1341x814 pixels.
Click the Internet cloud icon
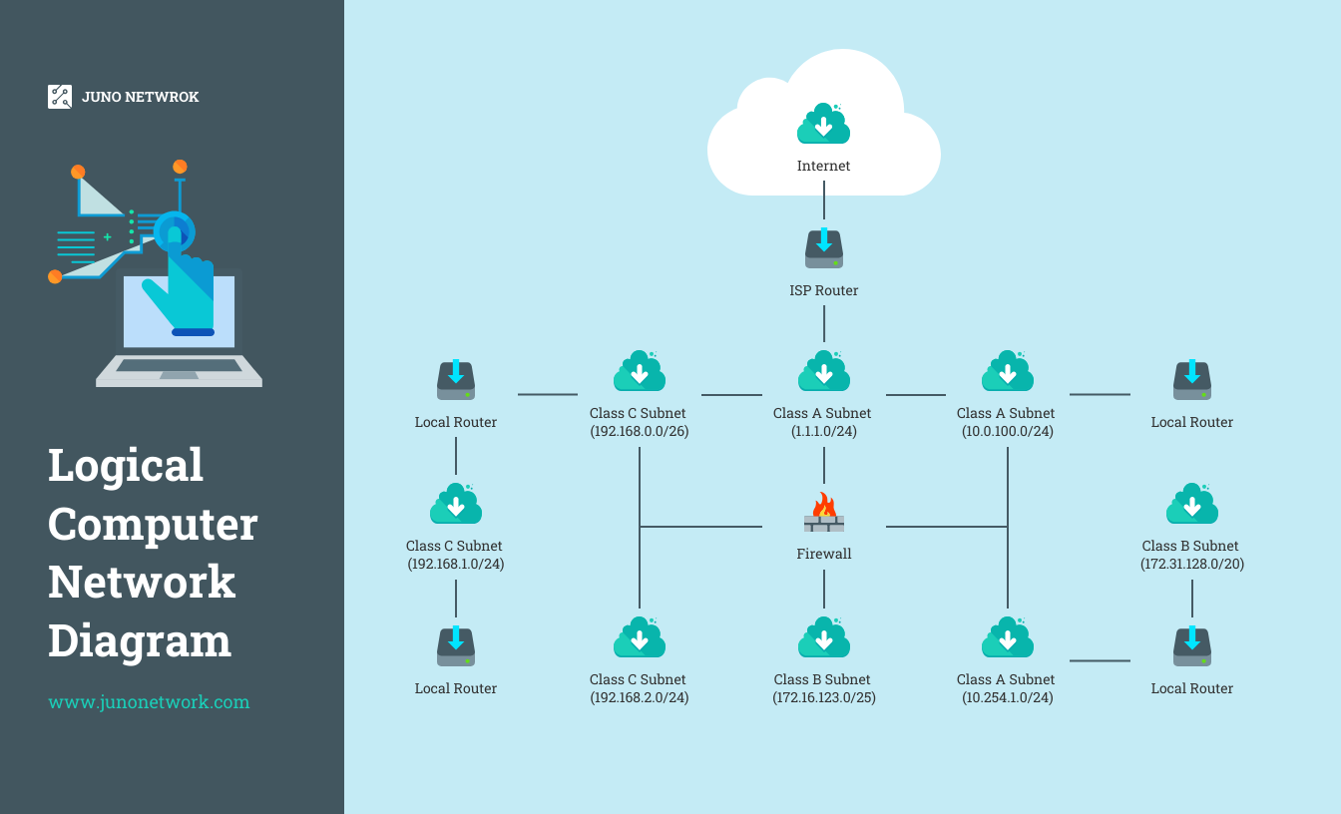(824, 124)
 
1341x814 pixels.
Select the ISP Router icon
(824, 248)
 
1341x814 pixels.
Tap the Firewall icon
(824, 513)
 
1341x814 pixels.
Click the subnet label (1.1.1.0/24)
(823, 432)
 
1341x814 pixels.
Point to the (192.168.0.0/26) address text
(639, 432)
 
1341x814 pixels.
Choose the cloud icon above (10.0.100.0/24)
(1008, 371)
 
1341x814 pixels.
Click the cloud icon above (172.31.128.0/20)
(1192, 505)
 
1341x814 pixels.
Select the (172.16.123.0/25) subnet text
(823, 698)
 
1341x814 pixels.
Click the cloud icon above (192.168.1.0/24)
(456, 505)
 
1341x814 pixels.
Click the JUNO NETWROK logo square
(60, 97)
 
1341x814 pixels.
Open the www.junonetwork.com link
(149, 702)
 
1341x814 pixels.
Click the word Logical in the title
(126, 466)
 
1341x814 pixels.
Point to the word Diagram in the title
(140, 639)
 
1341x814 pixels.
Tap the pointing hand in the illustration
(181, 283)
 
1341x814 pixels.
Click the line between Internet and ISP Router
(824, 207)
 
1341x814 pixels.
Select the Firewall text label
(823, 554)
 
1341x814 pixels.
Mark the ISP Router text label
(823, 290)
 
